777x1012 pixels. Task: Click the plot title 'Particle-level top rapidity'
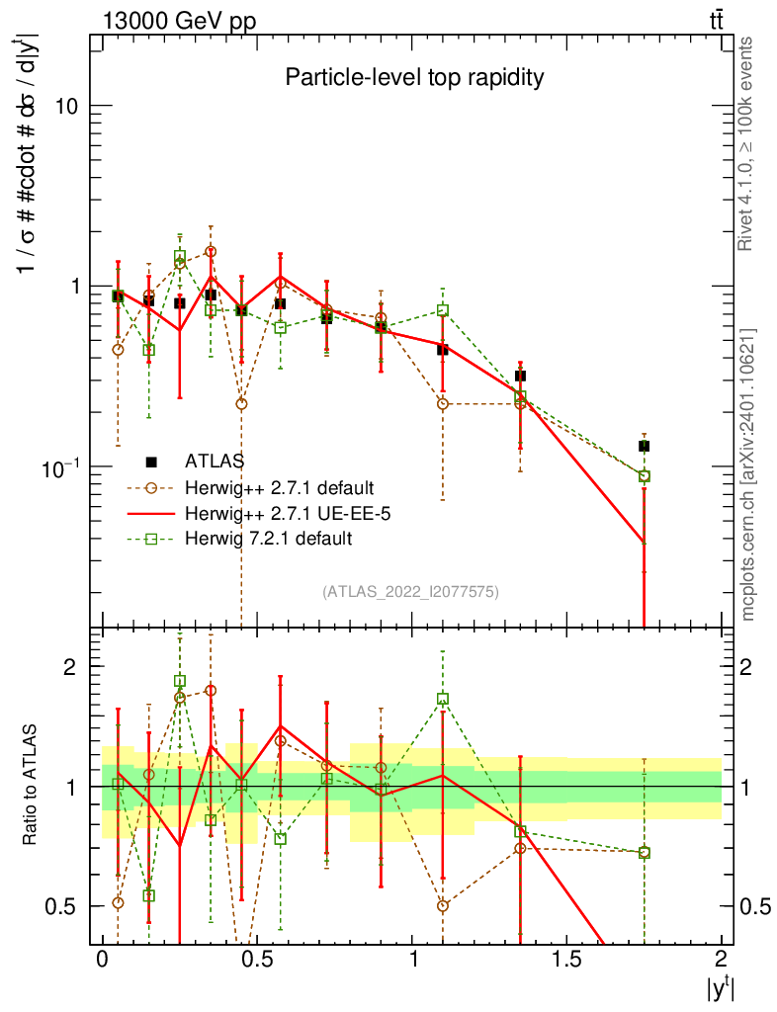click(x=414, y=78)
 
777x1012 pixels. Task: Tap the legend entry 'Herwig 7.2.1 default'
click(x=267, y=539)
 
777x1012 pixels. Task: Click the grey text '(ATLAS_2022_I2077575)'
click(x=410, y=592)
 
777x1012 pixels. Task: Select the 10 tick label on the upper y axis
click(x=67, y=106)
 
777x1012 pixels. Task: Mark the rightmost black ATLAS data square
click(x=644, y=446)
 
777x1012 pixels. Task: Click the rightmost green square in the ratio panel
click(x=644, y=852)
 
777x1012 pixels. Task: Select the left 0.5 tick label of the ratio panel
click(x=66, y=906)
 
